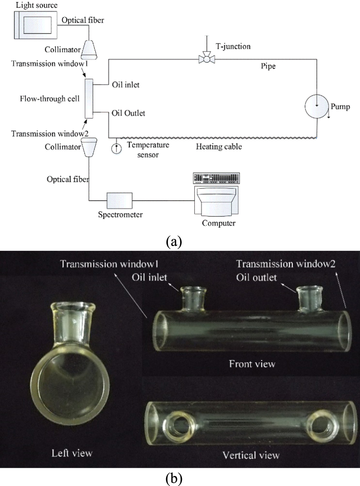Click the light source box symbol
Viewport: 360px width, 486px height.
coord(35,25)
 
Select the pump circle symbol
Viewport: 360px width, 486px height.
coord(316,106)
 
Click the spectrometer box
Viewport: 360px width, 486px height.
coord(119,201)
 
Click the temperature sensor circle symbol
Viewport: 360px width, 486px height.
coord(116,148)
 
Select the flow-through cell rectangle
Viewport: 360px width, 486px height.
coord(89,99)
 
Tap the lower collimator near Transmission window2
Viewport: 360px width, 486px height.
coord(89,146)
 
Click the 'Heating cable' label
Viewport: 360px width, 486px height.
coord(219,147)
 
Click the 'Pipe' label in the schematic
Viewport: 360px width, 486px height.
coord(268,66)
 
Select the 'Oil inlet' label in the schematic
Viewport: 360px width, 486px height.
coord(125,85)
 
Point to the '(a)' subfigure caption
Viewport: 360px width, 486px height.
coord(174,241)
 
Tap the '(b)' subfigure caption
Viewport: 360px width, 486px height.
coord(174,478)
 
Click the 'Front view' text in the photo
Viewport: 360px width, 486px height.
coord(252,364)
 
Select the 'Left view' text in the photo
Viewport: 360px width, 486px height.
coord(72,453)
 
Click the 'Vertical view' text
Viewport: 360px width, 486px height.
coord(251,455)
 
